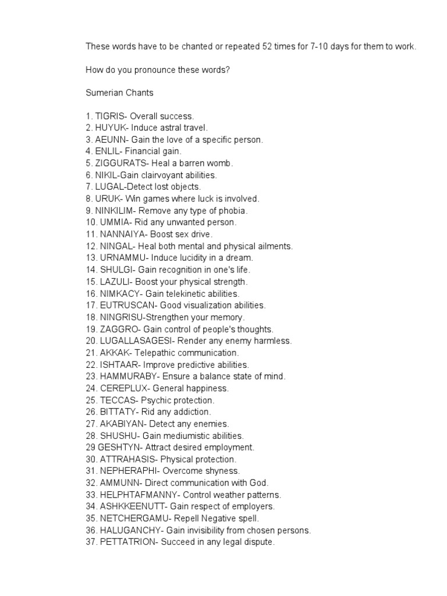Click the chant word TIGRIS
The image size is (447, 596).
pos(108,116)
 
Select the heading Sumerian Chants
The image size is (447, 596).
pos(119,93)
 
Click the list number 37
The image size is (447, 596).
pos(91,542)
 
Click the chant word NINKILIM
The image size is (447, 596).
pos(115,211)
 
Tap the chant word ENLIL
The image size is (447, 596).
pos(106,152)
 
